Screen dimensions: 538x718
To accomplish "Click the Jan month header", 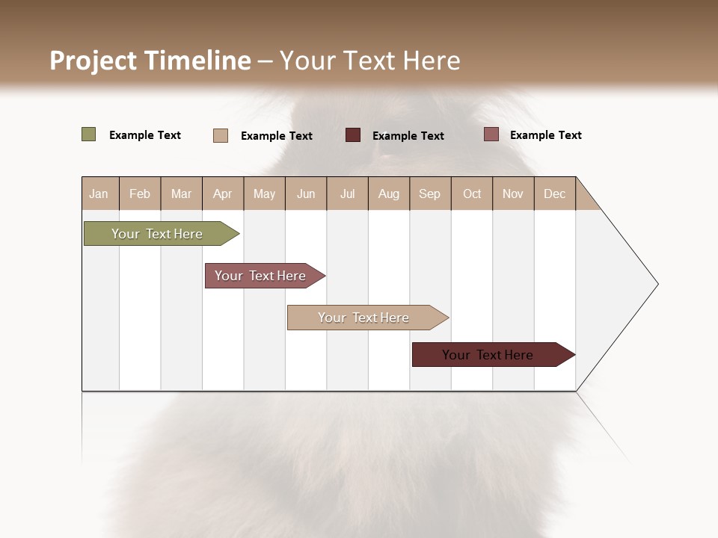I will (x=99, y=194).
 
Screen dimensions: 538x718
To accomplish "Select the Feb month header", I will (x=140, y=194).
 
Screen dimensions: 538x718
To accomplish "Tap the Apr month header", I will (x=222, y=194).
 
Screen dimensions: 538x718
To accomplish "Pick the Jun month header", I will (x=306, y=194).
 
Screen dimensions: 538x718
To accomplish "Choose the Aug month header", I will (x=388, y=194).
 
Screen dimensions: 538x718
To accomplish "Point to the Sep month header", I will (x=429, y=194).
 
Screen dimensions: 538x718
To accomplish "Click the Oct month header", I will (x=472, y=194).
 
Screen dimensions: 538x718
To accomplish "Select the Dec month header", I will (x=554, y=194).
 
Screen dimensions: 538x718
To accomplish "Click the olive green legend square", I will (x=89, y=134).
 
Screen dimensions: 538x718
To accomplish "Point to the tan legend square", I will (x=221, y=135).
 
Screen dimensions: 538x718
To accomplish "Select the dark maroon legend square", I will (x=353, y=134).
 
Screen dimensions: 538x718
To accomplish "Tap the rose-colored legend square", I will (x=491, y=134).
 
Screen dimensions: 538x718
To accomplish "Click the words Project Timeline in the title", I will (x=150, y=61).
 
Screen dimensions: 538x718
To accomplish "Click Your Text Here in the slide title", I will (x=370, y=61).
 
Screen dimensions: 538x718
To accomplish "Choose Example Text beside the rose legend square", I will (x=545, y=135).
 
